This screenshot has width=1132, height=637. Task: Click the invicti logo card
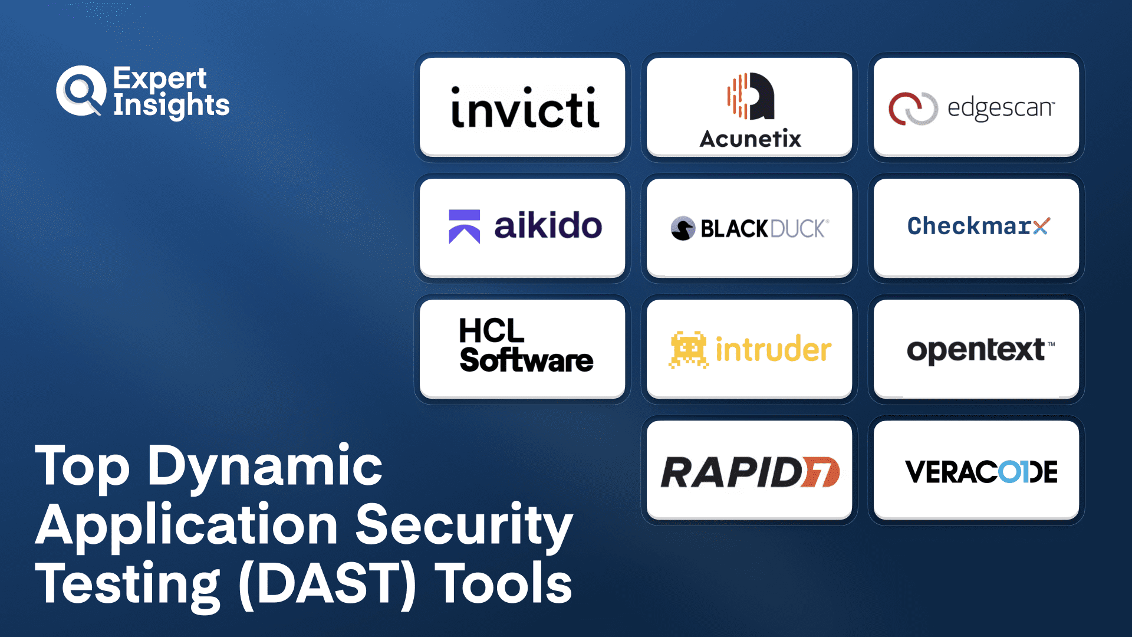point(522,107)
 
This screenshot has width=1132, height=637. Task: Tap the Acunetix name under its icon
point(750,139)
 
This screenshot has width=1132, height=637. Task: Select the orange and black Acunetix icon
point(751,96)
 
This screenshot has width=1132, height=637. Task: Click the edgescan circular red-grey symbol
point(913,109)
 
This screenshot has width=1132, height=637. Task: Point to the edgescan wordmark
point(1001,108)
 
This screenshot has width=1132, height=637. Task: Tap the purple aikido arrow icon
point(464,226)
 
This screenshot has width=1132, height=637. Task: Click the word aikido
point(548,225)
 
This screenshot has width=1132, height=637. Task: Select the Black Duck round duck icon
point(683,229)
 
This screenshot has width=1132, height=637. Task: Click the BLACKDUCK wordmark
point(765,229)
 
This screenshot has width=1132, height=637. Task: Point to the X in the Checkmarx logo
point(1041,226)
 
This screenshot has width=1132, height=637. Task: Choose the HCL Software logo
point(526,346)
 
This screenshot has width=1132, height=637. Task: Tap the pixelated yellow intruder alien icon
point(688,350)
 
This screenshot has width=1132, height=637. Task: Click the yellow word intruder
point(774,349)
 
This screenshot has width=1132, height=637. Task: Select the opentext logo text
point(980,350)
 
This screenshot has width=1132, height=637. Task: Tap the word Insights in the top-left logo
point(171,105)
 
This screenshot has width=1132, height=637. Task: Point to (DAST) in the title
point(327,584)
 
